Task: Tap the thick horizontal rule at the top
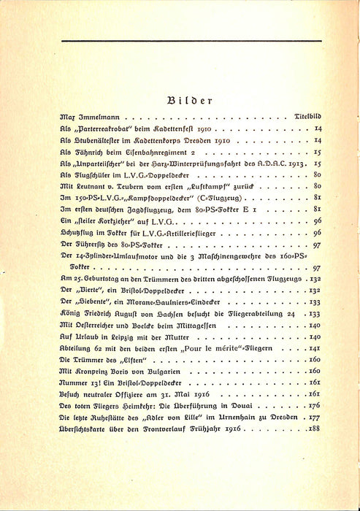coord(180,45)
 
